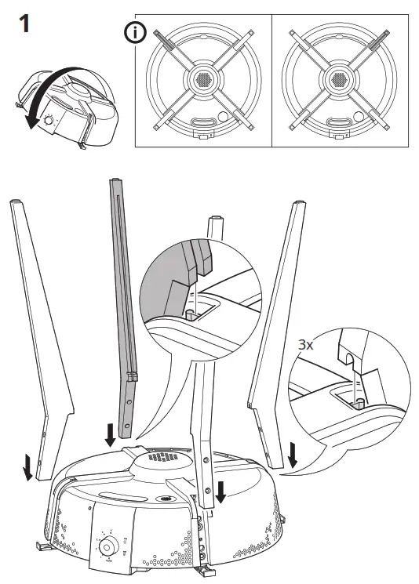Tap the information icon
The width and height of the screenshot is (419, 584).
click(136, 34)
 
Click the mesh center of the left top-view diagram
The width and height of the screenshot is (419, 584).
click(202, 79)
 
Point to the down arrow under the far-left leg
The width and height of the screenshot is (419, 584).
click(28, 467)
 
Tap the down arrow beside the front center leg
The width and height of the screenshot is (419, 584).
click(222, 491)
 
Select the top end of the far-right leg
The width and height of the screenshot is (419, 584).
click(300, 205)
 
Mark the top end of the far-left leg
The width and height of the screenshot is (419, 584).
click(17, 205)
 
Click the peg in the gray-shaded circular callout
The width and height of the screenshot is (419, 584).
click(190, 314)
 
